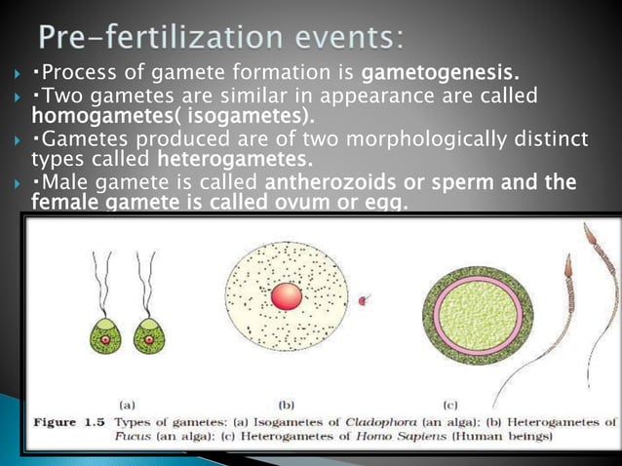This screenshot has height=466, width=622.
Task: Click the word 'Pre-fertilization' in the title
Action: click(156, 38)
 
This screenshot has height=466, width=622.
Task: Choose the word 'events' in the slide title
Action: click(341, 38)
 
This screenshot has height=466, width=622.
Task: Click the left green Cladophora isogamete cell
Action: click(102, 335)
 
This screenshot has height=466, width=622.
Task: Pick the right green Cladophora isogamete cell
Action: click(147, 335)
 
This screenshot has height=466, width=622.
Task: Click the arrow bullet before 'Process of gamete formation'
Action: click(16, 73)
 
